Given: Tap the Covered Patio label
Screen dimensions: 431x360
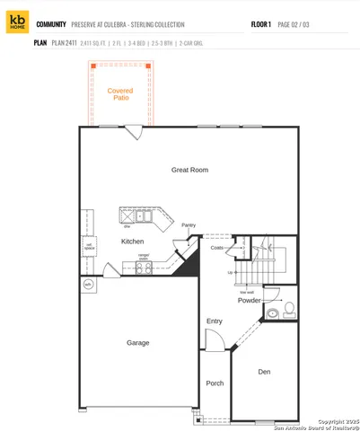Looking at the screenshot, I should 119,94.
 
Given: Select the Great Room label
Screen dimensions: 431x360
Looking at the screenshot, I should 189,170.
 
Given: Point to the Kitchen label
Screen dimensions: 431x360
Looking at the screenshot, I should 132,241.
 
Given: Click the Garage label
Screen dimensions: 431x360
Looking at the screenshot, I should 137,342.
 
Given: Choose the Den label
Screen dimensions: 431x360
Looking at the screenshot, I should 264,371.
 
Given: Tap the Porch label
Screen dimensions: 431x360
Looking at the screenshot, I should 215,383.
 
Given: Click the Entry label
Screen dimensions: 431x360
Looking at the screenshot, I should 214,321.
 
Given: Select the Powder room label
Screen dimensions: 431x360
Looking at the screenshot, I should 250,300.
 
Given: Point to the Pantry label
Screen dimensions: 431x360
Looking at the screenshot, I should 189,225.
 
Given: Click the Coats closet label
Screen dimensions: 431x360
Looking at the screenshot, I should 217,247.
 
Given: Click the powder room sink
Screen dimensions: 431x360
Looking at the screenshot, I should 272,313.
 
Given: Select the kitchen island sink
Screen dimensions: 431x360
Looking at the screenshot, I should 141,215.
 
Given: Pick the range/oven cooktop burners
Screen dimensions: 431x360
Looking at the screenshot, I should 144,264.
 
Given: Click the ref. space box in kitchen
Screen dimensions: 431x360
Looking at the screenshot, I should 89,246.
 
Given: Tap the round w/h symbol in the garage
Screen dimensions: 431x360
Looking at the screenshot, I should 88,285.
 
